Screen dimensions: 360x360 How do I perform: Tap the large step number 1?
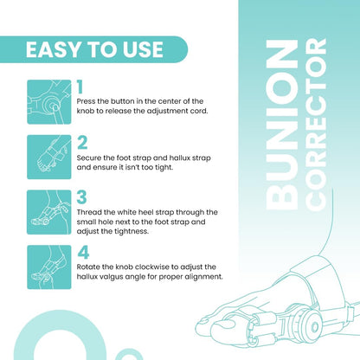(x=80, y=87)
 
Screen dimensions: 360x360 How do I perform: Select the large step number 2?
(x=81, y=143)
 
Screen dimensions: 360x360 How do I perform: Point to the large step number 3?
(x=81, y=197)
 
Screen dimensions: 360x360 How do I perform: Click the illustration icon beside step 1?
(x=48, y=101)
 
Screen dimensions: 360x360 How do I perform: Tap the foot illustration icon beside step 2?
(x=48, y=156)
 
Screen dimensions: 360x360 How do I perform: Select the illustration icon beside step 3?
(x=48, y=211)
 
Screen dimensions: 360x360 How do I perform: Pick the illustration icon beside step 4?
(x=48, y=267)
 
